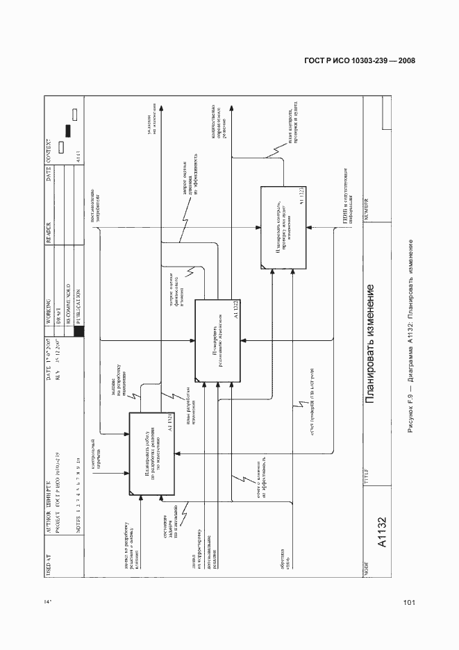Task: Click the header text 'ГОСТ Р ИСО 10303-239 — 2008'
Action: (360, 60)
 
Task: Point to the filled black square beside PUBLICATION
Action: (78, 331)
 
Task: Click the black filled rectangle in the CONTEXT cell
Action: (68, 130)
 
